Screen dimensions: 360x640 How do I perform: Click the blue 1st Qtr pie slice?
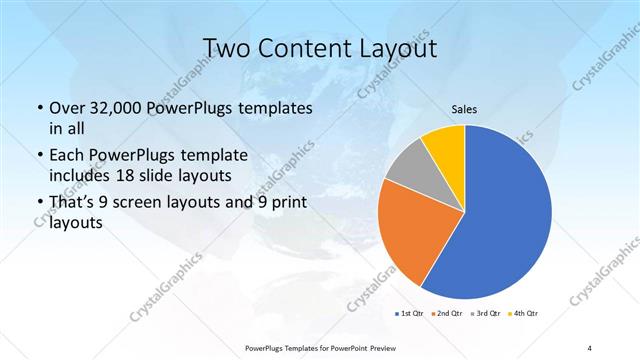pos(505,220)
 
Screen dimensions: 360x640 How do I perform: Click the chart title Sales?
pos(465,111)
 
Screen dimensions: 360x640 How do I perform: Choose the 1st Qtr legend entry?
pos(413,314)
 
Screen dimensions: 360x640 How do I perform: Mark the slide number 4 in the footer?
pos(589,347)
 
